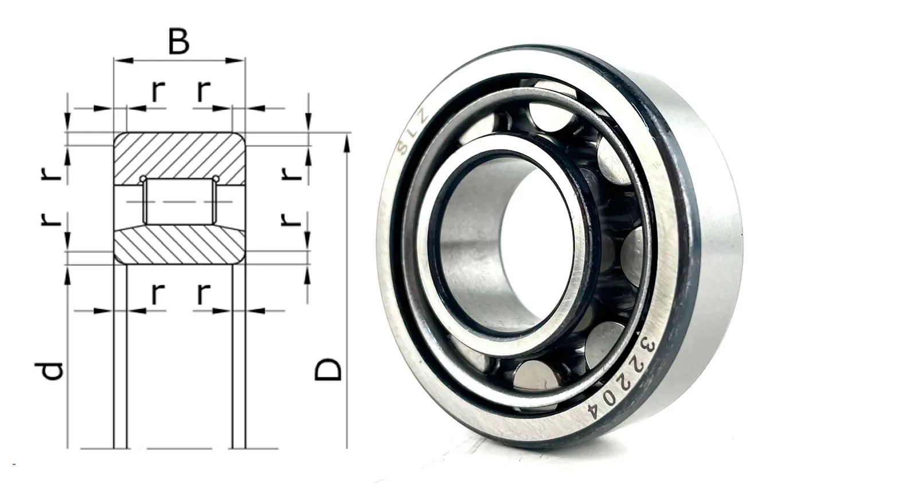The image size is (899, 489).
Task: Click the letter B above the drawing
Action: click(179, 42)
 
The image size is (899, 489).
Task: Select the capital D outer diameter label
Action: click(327, 369)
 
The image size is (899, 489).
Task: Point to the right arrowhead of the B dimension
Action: click(235, 61)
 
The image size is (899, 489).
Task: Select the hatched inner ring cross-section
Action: click(179, 245)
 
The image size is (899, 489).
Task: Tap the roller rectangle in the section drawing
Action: click(180, 201)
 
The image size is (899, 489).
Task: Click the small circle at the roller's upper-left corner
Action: click(143, 179)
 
